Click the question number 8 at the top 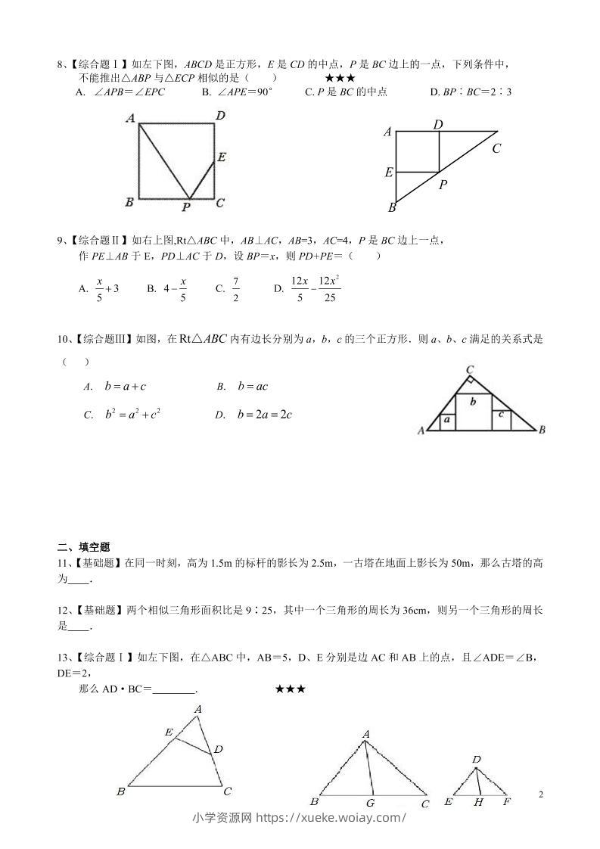61,64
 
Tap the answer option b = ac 253,387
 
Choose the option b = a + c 125,387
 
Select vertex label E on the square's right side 221,157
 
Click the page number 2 540,794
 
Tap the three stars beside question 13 291,689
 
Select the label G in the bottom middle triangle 370,803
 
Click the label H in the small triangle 478,802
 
